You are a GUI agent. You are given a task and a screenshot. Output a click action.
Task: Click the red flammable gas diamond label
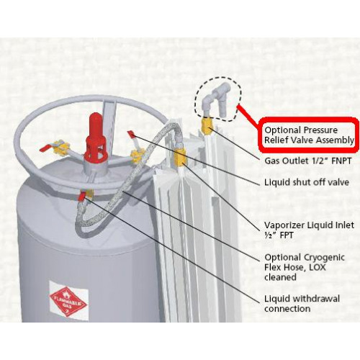pyautogui.click(x=69, y=300)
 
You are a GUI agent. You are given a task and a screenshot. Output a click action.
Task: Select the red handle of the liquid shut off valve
pyautogui.click(x=132, y=134)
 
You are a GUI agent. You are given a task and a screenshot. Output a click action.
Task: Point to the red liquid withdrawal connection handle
pyautogui.click(x=83, y=196)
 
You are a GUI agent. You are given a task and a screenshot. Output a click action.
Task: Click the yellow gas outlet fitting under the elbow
pyautogui.click(x=207, y=127)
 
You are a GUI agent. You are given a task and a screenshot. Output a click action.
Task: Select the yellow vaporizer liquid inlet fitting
pyautogui.click(x=180, y=156)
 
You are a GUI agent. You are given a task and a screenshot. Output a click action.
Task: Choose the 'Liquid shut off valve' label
pyautogui.click(x=307, y=182)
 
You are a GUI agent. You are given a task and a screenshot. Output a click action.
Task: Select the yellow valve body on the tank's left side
pyautogui.click(x=62, y=149)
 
